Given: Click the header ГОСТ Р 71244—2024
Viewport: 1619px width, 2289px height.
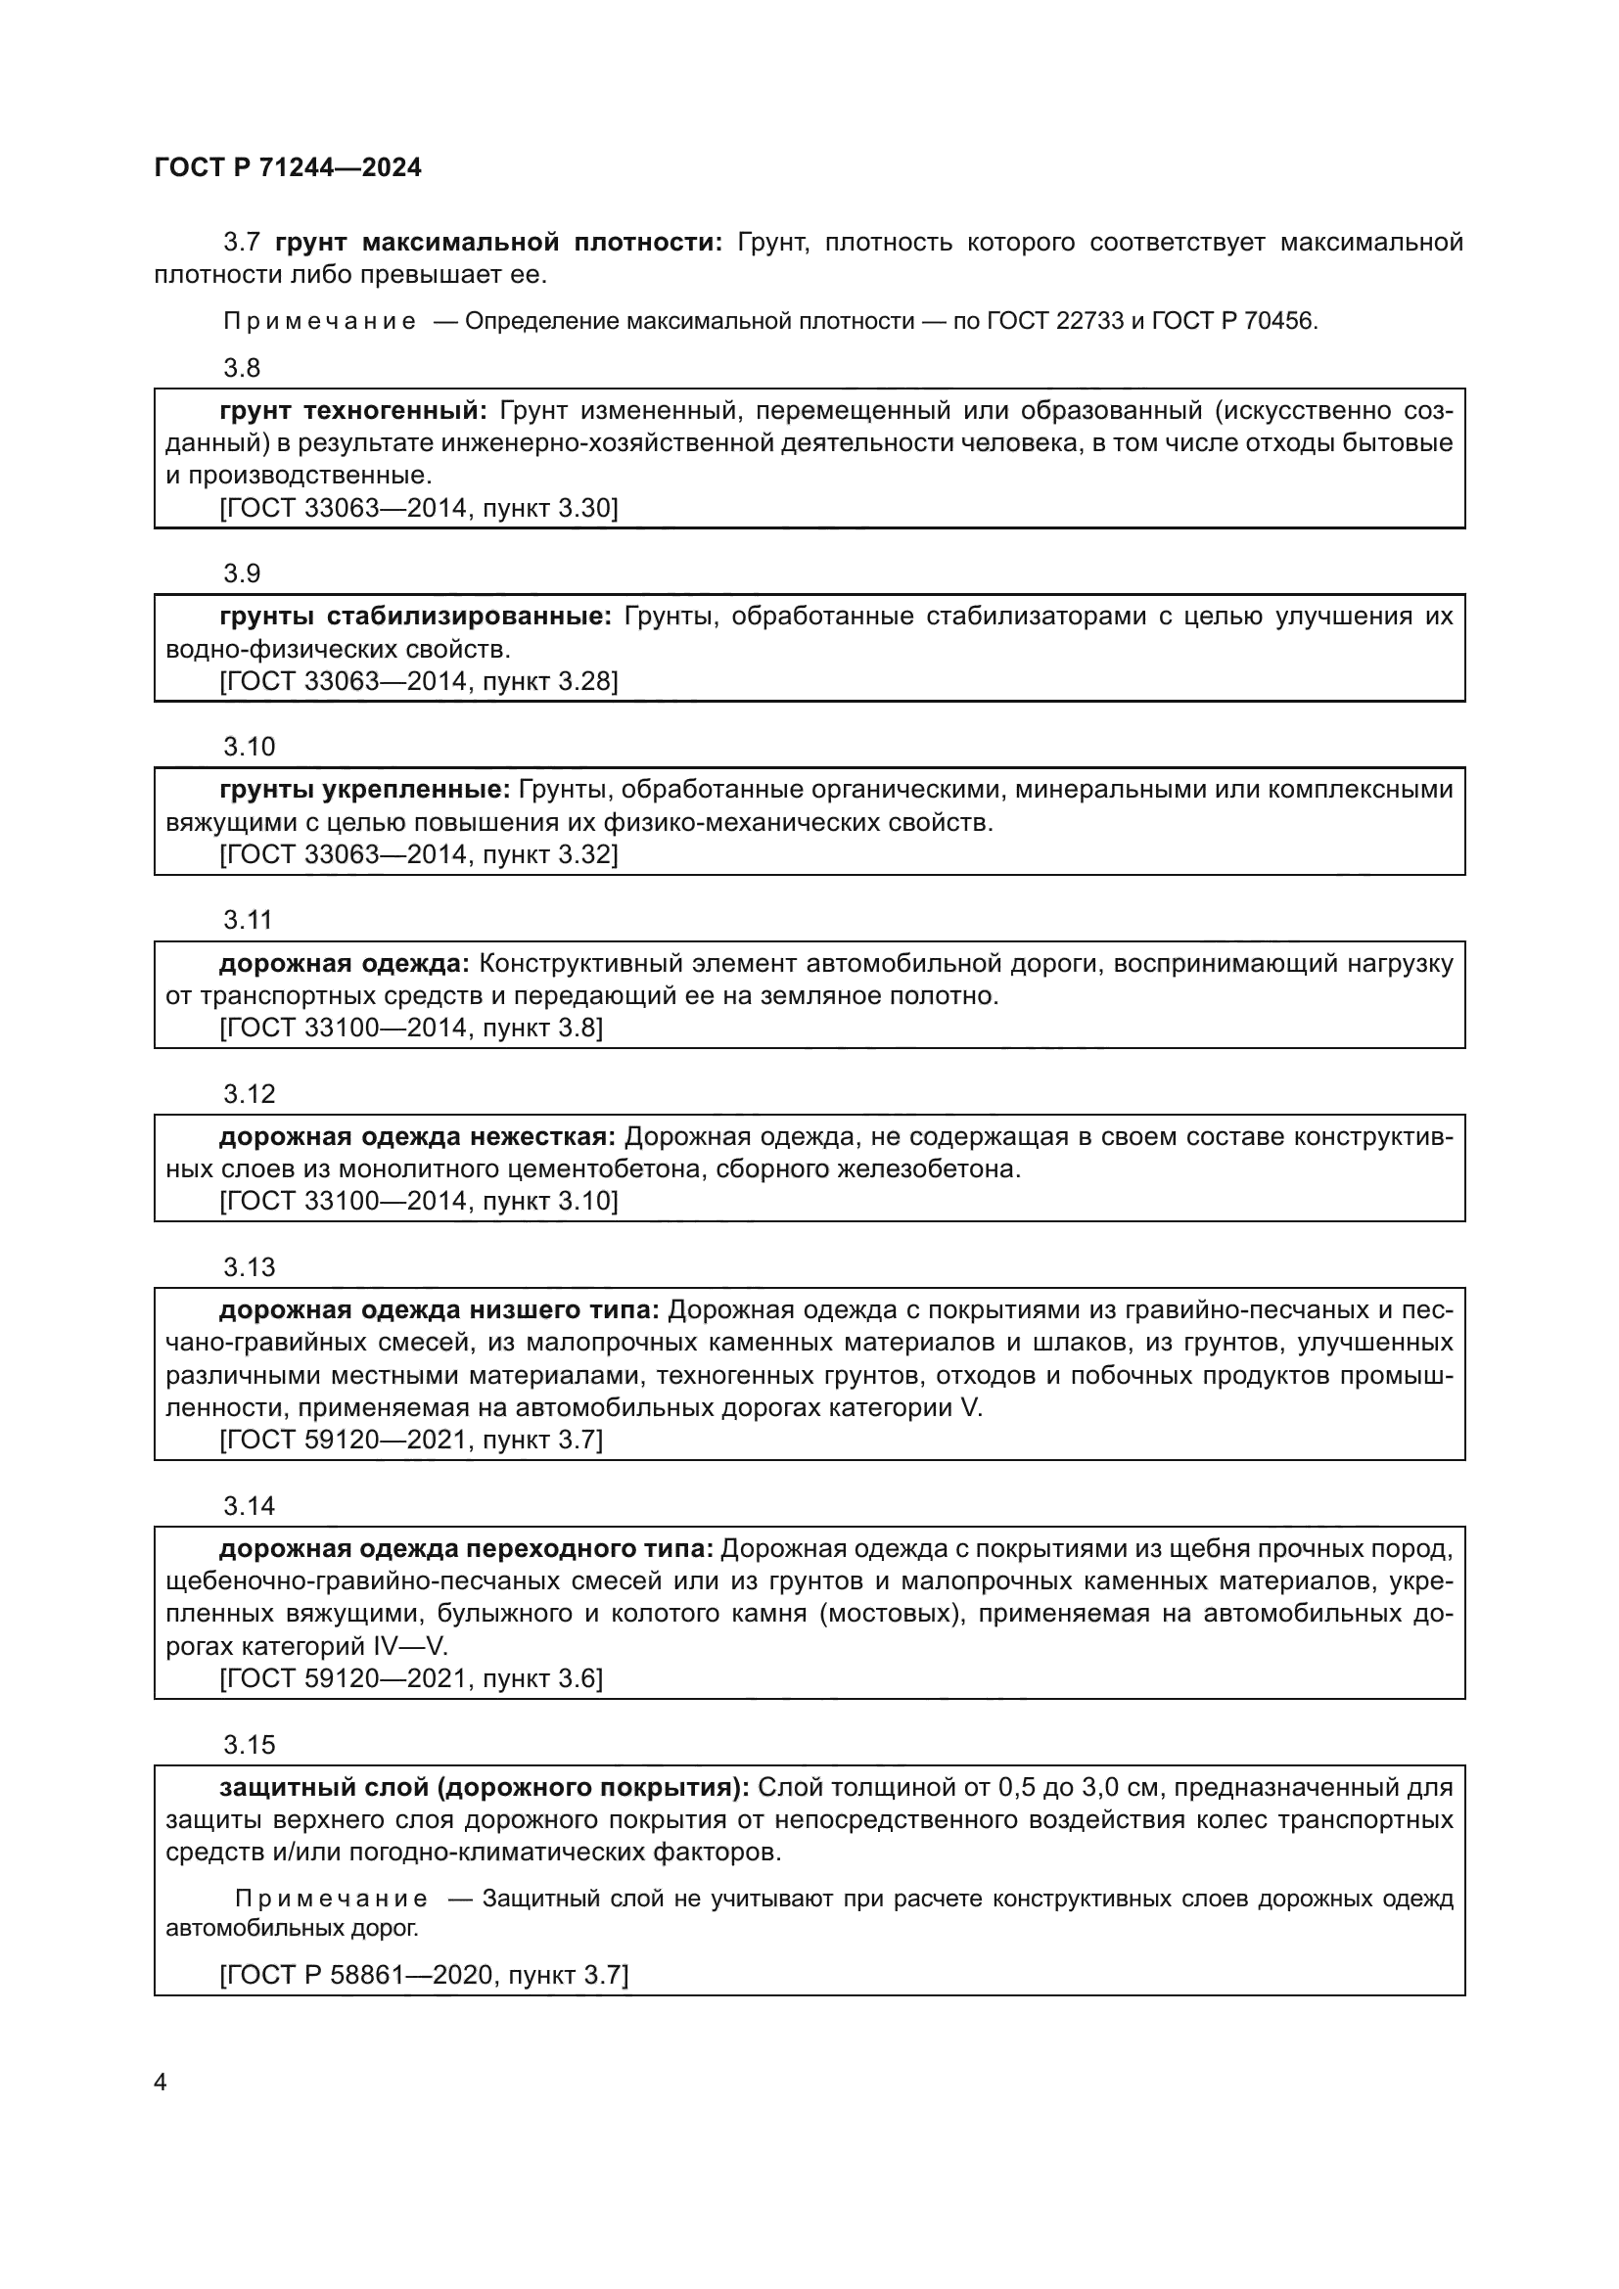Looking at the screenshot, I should (x=288, y=167).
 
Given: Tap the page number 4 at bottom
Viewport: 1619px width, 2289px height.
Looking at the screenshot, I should (x=162, y=2082).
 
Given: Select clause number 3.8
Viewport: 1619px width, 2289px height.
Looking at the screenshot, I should (x=241, y=368).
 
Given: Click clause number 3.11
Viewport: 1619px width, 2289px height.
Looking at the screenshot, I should (x=248, y=920).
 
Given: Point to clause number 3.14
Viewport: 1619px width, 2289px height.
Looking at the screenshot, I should (x=249, y=1506).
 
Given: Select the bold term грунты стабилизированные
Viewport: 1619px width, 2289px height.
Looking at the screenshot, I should (x=415, y=617).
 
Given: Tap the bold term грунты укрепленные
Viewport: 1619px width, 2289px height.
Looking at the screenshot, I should (x=365, y=790).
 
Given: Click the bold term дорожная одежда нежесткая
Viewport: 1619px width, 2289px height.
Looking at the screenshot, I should (x=418, y=1136).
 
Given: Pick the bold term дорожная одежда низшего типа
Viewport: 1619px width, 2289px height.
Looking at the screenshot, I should (x=439, y=1310).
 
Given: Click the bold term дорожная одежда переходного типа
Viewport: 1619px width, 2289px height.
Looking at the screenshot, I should (x=466, y=1548).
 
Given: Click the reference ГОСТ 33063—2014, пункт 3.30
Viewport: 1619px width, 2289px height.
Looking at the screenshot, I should (x=418, y=509).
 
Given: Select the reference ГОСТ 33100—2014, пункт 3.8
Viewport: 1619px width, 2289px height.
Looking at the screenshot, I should (x=411, y=1028).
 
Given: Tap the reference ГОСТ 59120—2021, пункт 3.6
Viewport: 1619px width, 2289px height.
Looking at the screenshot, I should (x=411, y=1678).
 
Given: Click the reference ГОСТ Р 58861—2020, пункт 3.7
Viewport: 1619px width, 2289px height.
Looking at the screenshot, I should (x=424, y=1974).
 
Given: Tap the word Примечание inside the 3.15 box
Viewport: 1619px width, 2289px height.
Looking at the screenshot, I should (x=331, y=1899).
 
